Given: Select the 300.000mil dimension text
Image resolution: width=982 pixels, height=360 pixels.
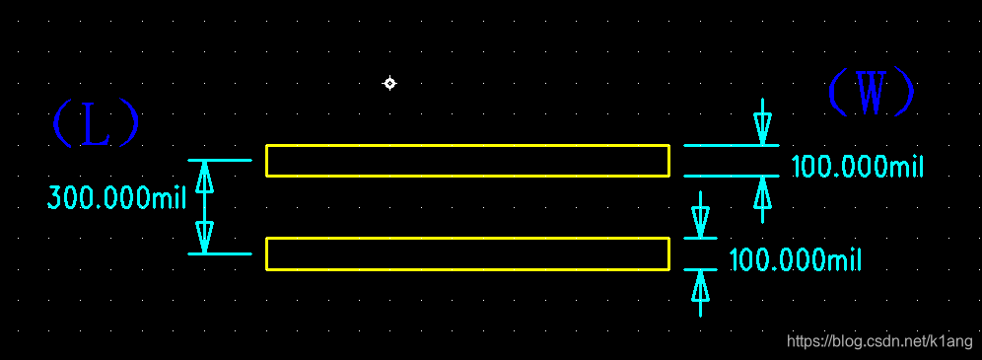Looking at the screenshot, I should (116, 199).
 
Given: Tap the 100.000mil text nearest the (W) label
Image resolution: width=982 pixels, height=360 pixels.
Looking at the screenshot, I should (857, 167).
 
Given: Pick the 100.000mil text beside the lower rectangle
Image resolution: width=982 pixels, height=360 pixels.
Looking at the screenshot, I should (795, 260).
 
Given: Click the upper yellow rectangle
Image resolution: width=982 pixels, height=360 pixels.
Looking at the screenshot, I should (467, 161).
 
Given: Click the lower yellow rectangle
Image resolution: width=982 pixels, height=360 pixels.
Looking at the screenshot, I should (467, 253).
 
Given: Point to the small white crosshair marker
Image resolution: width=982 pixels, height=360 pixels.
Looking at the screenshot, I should (389, 84).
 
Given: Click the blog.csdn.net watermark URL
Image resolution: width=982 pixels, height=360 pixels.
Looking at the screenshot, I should (878, 341).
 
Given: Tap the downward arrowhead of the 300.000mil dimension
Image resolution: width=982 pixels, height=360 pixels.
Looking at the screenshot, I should (205, 238).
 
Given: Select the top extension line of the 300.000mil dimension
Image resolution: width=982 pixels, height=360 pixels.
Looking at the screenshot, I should (220, 160).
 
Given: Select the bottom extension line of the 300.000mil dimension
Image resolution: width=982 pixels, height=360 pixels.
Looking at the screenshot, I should (220, 254).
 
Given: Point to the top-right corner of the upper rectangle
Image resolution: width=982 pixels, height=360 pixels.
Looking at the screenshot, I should (669, 146).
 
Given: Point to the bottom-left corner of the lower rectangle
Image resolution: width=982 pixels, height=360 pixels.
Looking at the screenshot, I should (266, 269).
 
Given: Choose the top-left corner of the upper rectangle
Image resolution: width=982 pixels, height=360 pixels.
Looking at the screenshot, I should (266, 146).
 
